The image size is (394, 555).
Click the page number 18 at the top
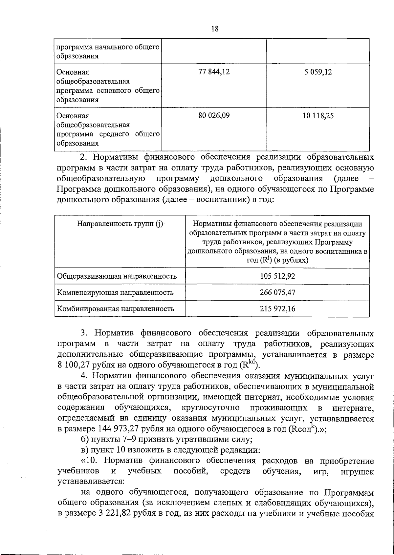pyautogui.click(x=214, y=29)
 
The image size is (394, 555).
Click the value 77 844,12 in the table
pyautogui.click(x=214, y=72)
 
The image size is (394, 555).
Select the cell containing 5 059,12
pyautogui.click(x=317, y=72)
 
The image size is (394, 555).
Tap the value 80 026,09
pyautogui.click(x=214, y=116)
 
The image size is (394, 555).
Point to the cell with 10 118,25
pyautogui.click(x=317, y=116)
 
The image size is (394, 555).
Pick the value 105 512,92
pyautogui.click(x=277, y=276)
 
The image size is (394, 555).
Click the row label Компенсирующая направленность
pyautogui.click(x=115, y=292)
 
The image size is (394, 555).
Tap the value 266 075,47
pyautogui.click(x=277, y=292)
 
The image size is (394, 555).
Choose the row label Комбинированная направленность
pyautogui.click(x=116, y=308)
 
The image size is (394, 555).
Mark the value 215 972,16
pyautogui.click(x=277, y=308)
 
